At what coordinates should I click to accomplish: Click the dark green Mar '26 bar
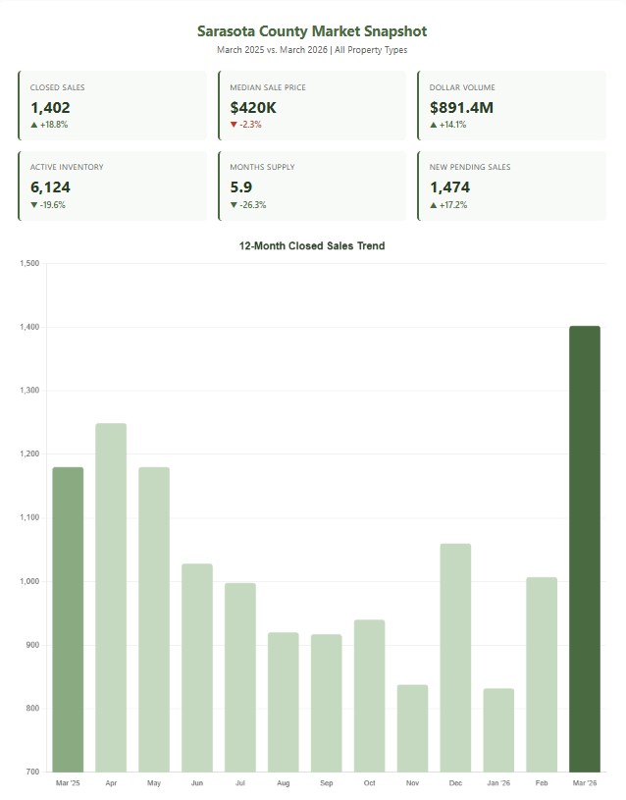tap(584, 549)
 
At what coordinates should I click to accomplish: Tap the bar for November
tap(412, 727)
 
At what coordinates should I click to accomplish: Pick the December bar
tap(455, 657)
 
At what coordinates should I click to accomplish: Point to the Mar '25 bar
tap(68, 619)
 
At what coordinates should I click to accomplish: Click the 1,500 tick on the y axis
tap(28, 263)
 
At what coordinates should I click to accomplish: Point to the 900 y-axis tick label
tap(31, 645)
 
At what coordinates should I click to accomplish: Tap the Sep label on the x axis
tap(326, 783)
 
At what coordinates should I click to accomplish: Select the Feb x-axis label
tap(542, 783)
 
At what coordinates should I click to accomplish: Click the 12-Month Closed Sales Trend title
tap(312, 246)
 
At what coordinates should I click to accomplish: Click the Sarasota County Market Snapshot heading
tap(312, 32)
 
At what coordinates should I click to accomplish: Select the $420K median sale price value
tap(254, 107)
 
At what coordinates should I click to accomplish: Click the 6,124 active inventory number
tap(51, 187)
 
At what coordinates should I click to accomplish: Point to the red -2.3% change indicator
tap(248, 125)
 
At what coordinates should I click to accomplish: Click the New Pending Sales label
tap(470, 167)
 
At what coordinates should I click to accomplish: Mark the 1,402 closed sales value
tap(51, 107)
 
